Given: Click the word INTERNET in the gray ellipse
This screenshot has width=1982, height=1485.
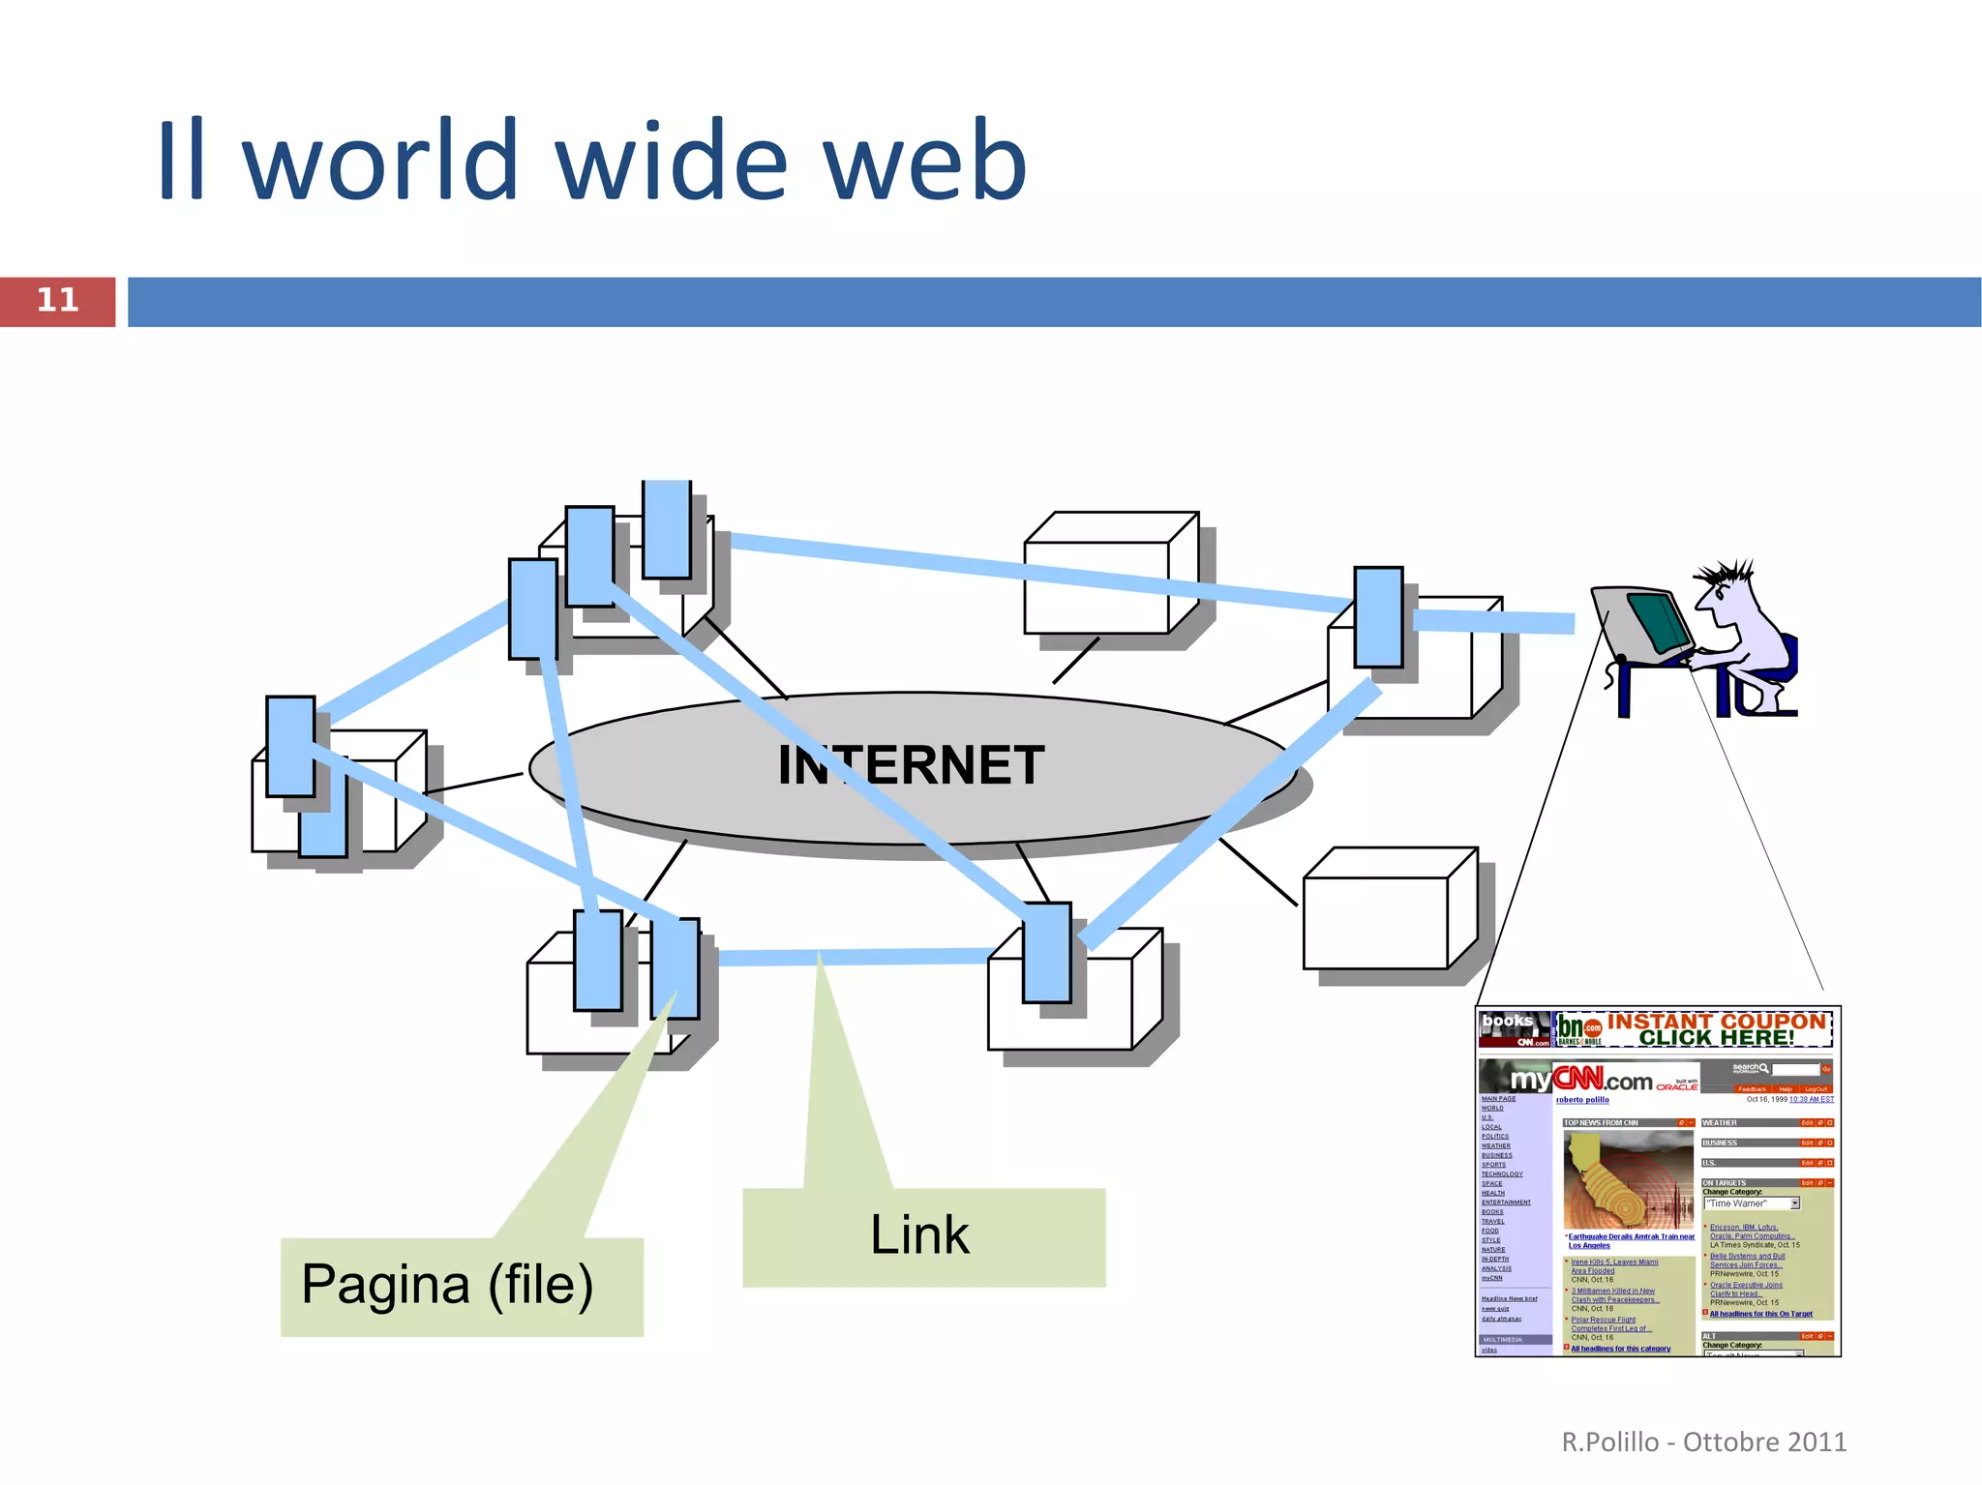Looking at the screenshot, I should click(911, 765).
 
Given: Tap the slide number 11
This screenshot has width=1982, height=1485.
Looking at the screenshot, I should click(57, 300).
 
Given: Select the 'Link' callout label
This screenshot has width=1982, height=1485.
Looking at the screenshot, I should click(919, 1235).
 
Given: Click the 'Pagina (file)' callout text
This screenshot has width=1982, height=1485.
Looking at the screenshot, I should click(447, 1285).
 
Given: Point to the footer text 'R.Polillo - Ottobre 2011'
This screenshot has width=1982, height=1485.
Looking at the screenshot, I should click(1703, 1441).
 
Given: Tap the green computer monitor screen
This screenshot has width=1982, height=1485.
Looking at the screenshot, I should click(1657, 621).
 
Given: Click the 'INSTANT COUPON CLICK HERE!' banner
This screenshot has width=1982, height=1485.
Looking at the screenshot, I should click(1716, 1028).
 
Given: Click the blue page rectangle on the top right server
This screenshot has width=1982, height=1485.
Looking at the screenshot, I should click(1378, 617).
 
